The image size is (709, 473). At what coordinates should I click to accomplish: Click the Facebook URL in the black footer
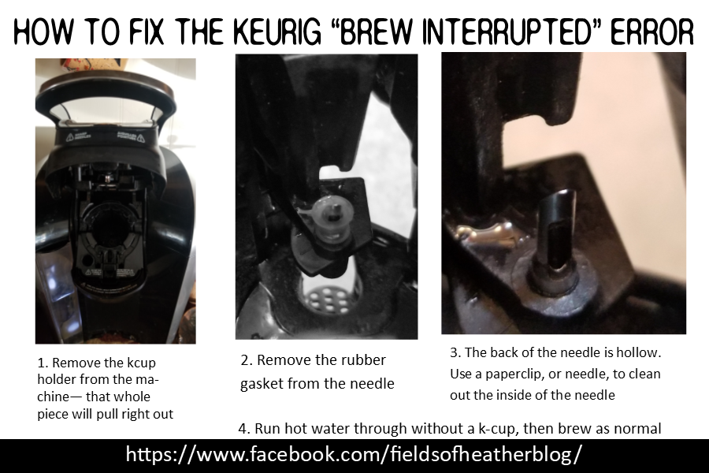[354, 455]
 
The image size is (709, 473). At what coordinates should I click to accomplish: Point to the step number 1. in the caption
[43, 364]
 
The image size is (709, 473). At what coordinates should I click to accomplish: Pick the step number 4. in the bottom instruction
[243, 428]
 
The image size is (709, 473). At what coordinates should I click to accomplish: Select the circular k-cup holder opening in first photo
[110, 236]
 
